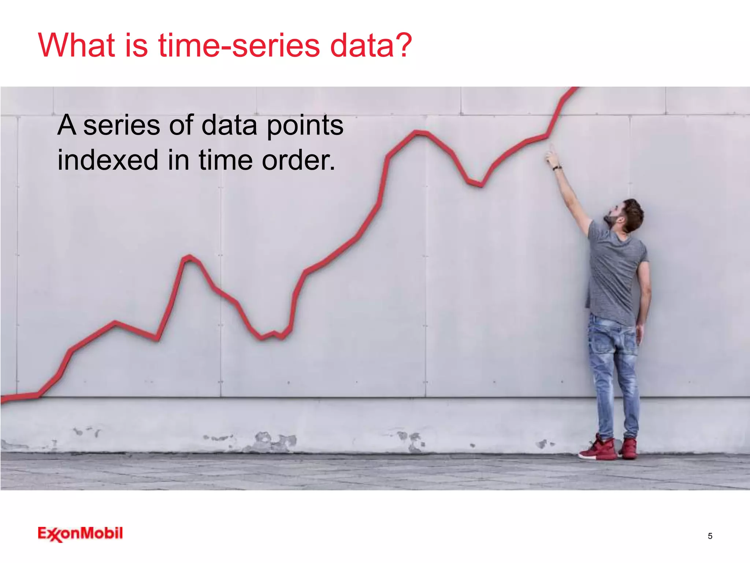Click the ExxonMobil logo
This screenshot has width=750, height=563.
pos(80,534)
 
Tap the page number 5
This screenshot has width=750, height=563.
pos(710,536)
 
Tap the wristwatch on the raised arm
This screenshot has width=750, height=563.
pos(557,168)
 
